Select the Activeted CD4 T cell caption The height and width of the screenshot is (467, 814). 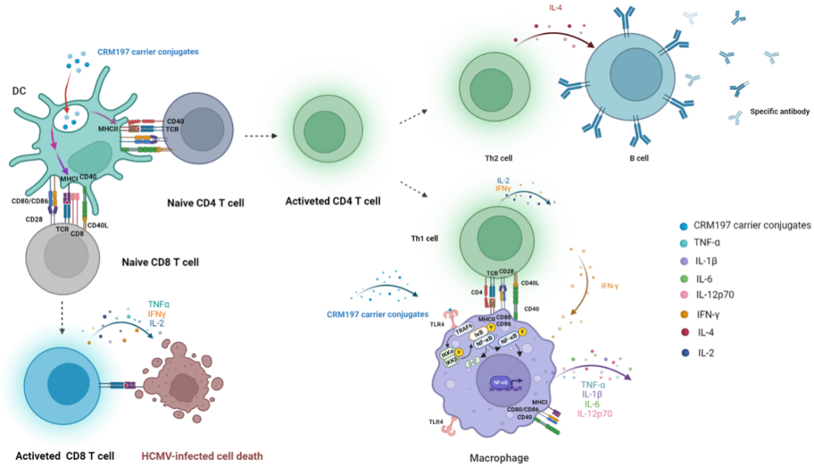pos(333,201)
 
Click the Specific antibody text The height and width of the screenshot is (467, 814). pos(779,111)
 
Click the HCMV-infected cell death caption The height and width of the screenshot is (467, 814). pos(201,457)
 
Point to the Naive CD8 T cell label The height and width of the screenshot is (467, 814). pos(161,262)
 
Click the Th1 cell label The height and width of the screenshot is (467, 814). pos(424,238)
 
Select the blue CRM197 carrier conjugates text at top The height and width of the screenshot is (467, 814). pos(139,51)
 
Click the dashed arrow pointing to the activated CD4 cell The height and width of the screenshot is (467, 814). pos(260,136)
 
